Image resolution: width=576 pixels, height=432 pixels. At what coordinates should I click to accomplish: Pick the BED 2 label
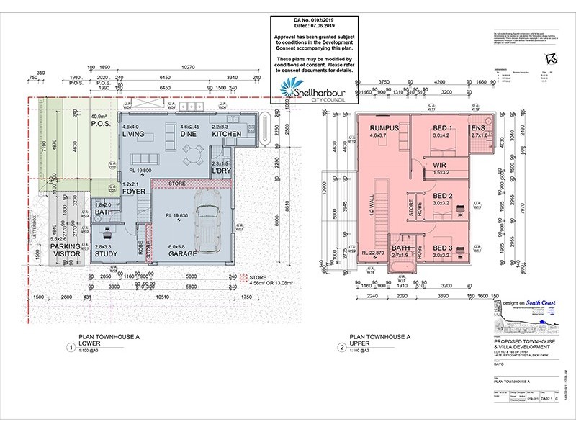tap(442, 196)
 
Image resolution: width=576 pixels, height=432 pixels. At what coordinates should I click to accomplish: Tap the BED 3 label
tap(442, 248)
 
